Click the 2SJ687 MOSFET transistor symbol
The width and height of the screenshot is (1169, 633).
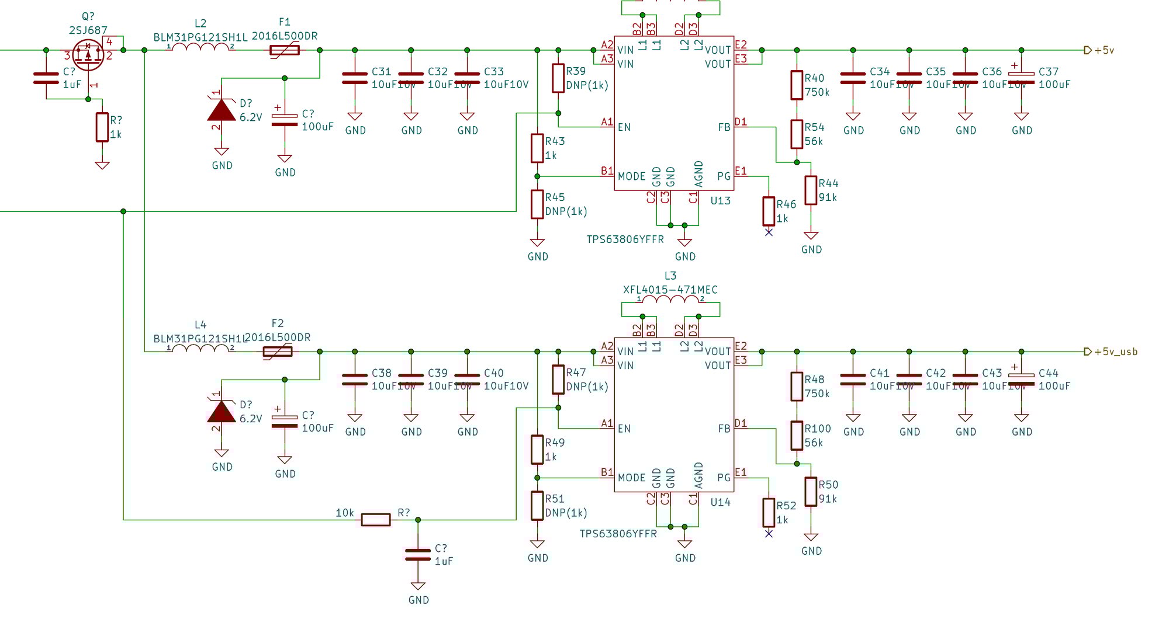pos(88,55)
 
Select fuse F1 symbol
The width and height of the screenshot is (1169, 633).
pos(285,50)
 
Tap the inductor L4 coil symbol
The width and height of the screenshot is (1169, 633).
pos(200,349)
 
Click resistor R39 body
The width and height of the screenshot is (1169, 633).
pos(558,78)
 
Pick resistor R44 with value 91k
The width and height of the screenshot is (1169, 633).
pos(811,190)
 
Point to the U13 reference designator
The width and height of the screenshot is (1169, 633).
pos(720,201)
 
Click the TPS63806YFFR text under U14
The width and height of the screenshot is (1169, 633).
pos(618,534)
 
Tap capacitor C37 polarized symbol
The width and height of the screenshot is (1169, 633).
pos(1021,78)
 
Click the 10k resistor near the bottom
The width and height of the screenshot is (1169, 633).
pos(375,520)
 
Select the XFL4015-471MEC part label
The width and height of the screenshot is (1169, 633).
pos(670,290)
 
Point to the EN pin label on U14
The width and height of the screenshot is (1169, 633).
pos(624,429)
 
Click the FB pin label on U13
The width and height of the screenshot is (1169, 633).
pos(724,127)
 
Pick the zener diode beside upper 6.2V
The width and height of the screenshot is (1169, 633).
pos(222,110)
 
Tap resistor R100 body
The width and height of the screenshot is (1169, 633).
pos(797,436)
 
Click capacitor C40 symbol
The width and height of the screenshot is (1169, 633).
pos(467,380)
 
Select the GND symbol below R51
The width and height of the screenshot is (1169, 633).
pos(537,545)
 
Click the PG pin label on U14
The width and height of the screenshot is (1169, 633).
pos(724,478)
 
